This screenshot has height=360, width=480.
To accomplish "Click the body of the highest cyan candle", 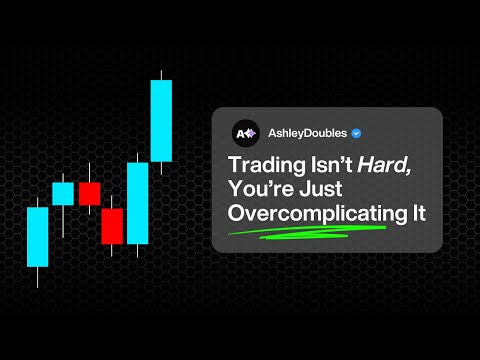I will click(x=161, y=120).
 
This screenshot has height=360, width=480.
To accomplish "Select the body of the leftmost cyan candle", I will click(x=38, y=237).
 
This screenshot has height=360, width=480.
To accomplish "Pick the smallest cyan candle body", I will click(x=63, y=193).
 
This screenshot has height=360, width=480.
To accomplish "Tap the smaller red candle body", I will click(x=89, y=193).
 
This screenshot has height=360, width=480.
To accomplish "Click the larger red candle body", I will click(x=112, y=225).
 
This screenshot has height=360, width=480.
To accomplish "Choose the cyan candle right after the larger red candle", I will click(x=137, y=204).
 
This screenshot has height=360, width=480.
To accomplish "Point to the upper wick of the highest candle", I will click(x=161, y=74).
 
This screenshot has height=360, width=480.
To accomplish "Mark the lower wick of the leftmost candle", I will click(x=38, y=277).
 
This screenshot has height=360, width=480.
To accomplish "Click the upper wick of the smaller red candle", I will click(x=89, y=171).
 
